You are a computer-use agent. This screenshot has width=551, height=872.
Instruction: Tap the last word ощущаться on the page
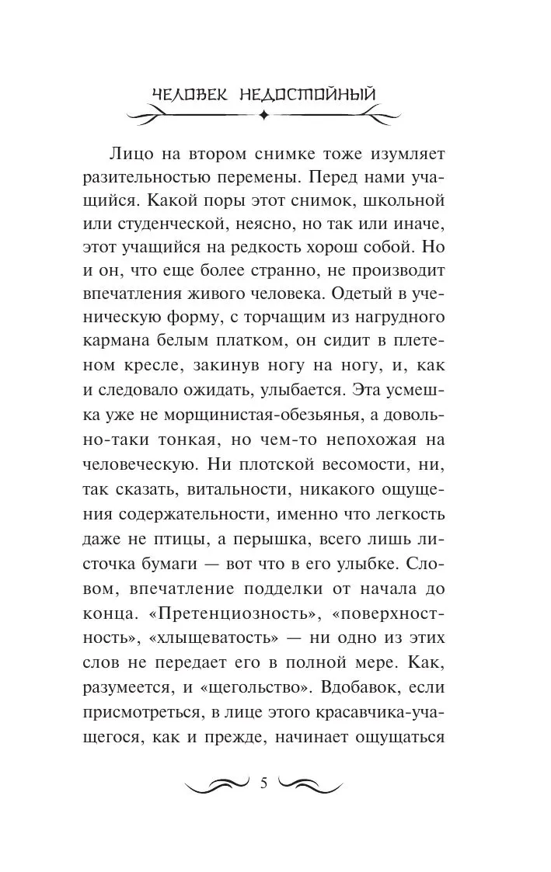398,736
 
